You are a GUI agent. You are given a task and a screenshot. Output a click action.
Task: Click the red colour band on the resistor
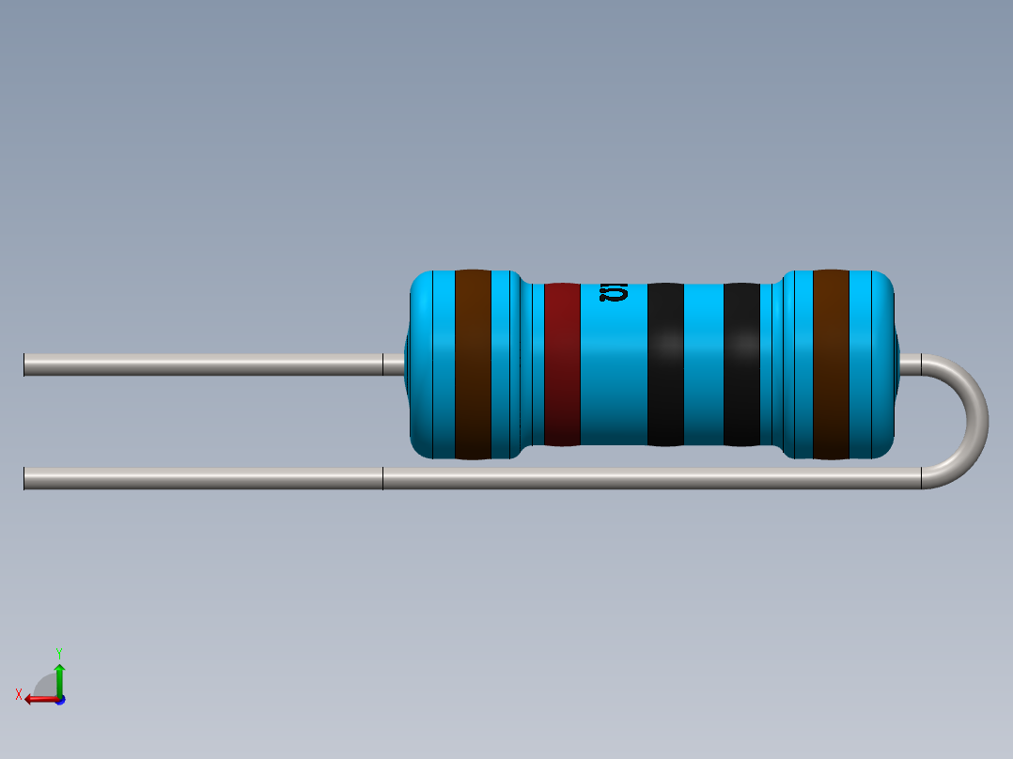click(562, 364)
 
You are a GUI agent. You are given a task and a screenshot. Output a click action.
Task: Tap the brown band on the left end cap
click(473, 364)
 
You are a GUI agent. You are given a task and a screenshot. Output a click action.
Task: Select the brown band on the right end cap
click(831, 364)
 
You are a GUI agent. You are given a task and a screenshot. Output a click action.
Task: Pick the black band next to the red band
click(665, 364)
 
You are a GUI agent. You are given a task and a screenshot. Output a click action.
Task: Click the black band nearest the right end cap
click(741, 364)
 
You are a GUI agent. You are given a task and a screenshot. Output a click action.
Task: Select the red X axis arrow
click(38, 699)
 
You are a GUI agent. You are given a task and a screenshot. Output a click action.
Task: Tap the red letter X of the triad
click(19, 694)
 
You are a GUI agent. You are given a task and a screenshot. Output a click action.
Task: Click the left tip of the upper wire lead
click(26, 364)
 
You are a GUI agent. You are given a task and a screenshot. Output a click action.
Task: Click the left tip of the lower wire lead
click(26, 479)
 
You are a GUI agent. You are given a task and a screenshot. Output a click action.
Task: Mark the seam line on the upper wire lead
click(382, 364)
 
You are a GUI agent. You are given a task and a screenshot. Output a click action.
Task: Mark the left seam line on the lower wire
click(382, 479)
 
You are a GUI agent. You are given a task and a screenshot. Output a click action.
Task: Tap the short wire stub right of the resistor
click(910, 364)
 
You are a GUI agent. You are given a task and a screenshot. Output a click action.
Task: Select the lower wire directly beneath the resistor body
click(648, 479)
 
